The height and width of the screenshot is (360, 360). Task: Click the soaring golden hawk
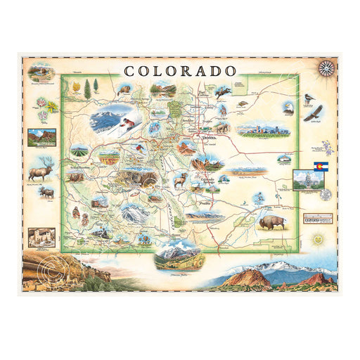click(x=314, y=112)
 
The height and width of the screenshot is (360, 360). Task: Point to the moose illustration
click(x=47, y=192)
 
